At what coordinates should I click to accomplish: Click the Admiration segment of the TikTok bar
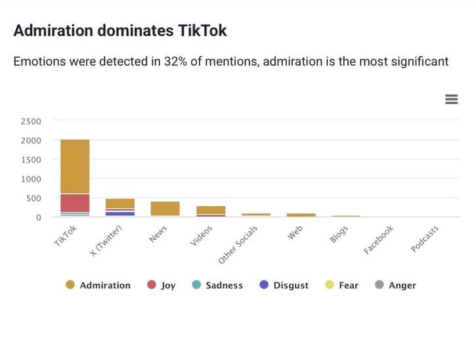[75, 166]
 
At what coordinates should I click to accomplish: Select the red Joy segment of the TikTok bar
[75, 202]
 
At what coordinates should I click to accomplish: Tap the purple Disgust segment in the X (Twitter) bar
[120, 214]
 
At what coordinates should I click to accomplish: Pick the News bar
[165, 209]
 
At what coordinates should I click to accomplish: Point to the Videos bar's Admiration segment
[210, 210]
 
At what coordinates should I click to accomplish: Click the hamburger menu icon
[451, 99]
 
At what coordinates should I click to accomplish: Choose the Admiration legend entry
[98, 285]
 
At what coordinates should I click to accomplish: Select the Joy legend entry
[162, 285]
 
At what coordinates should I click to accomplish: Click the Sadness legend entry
[217, 285]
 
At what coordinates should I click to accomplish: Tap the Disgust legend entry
[284, 285]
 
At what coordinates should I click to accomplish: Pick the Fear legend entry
[341, 285]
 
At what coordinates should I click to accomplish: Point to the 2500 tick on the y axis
[30, 121]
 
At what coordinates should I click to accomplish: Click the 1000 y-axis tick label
[30, 179]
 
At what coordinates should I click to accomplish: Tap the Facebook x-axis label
[379, 240]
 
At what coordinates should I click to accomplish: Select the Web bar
[301, 215]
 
